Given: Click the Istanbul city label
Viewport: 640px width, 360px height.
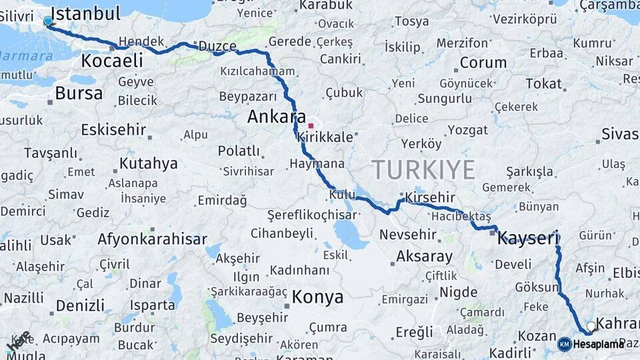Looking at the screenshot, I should pos(85,13).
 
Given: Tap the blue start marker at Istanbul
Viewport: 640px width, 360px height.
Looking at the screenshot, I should pos(47,21).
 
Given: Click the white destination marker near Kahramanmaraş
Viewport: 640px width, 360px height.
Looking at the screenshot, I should pos(591,327).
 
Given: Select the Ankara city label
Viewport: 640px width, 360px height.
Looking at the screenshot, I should pos(276,117).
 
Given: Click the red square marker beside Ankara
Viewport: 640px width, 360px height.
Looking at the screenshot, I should pos(311,125).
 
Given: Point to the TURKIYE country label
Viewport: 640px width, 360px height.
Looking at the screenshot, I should pos(423,169).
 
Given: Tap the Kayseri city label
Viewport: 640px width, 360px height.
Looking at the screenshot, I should pos(527,237).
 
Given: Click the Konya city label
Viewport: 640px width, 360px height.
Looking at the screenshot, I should pos(318,297).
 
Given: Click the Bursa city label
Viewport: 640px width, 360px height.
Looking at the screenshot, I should pos(79,93).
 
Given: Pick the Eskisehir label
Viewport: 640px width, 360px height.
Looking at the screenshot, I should pos(113,129).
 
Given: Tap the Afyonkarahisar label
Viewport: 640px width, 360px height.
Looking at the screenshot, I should pos(153,239).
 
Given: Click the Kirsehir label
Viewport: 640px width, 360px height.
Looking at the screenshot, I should pos(431,197).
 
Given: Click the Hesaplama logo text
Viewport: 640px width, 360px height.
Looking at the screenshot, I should pos(598,344).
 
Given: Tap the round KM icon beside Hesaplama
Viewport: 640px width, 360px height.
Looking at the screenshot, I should pos(564,344).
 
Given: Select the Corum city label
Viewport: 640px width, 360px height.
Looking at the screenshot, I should pos(483,63).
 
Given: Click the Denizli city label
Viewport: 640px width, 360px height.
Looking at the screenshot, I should pos(80,305).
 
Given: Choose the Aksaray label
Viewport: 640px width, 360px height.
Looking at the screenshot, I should pos(424,255).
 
